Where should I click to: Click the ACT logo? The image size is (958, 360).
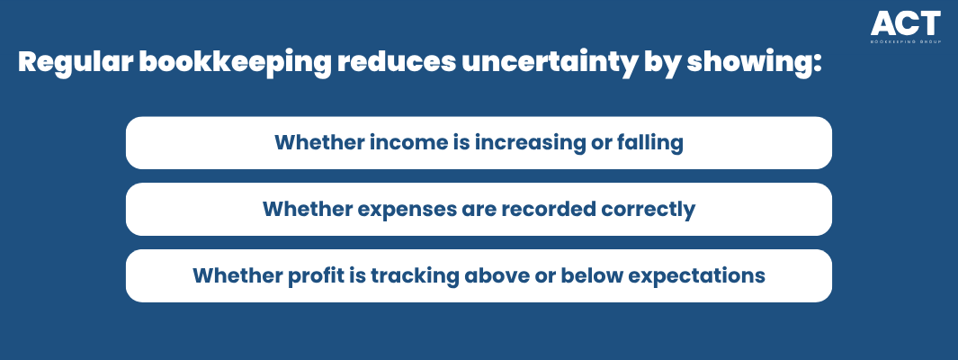pyautogui.click(x=906, y=27)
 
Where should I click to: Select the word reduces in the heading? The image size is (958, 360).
pyautogui.click(x=397, y=62)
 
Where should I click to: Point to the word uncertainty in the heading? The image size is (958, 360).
pyautogui.click(x=550, y=62)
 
